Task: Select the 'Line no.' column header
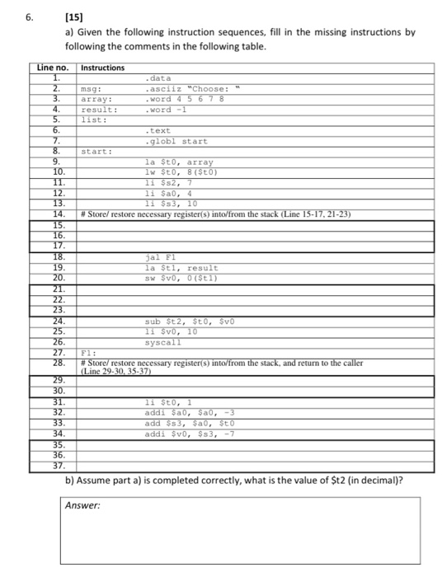55,67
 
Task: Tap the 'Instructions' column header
103,67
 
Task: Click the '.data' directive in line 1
160,77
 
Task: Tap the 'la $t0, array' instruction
178,162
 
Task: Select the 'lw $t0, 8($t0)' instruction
181,172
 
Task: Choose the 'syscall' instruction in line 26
162,341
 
